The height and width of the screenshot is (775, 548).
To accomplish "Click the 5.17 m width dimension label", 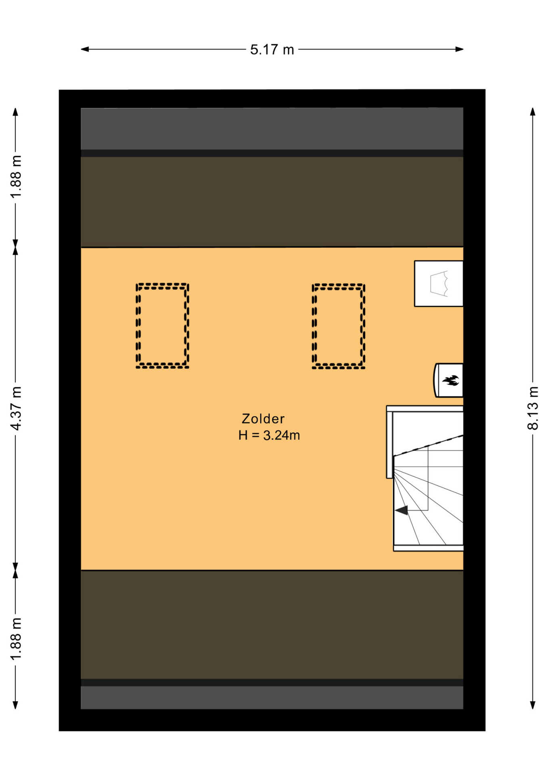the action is (272, 50).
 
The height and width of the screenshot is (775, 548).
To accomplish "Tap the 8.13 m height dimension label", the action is (533, 408).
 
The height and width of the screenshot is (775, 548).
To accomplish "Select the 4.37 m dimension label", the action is (15, 408).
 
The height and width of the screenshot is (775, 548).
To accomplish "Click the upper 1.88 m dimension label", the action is (15, 177).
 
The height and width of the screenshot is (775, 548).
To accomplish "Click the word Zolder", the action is (263, 419).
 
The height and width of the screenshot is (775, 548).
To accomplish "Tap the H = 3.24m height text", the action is (269, 436).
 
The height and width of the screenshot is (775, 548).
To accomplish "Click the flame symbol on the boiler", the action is (451, 380).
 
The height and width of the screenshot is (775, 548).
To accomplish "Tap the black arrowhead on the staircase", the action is (402, 510).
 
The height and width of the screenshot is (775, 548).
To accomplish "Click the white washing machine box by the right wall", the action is (439, 283).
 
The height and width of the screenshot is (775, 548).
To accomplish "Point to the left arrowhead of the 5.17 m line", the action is (85, 49).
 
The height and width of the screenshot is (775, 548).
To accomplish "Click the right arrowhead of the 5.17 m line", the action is (459, 49).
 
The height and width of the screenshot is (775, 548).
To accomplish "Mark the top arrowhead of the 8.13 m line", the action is (533, 112).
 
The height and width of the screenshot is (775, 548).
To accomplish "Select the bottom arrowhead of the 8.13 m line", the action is (533, 705).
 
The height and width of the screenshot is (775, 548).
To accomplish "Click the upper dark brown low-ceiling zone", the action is (272, 202).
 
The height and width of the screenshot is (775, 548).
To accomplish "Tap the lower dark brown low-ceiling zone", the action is (272, 624).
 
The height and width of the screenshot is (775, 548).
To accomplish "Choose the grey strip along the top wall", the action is (272, 128).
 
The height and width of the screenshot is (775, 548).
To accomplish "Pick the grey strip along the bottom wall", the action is (272, 697).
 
